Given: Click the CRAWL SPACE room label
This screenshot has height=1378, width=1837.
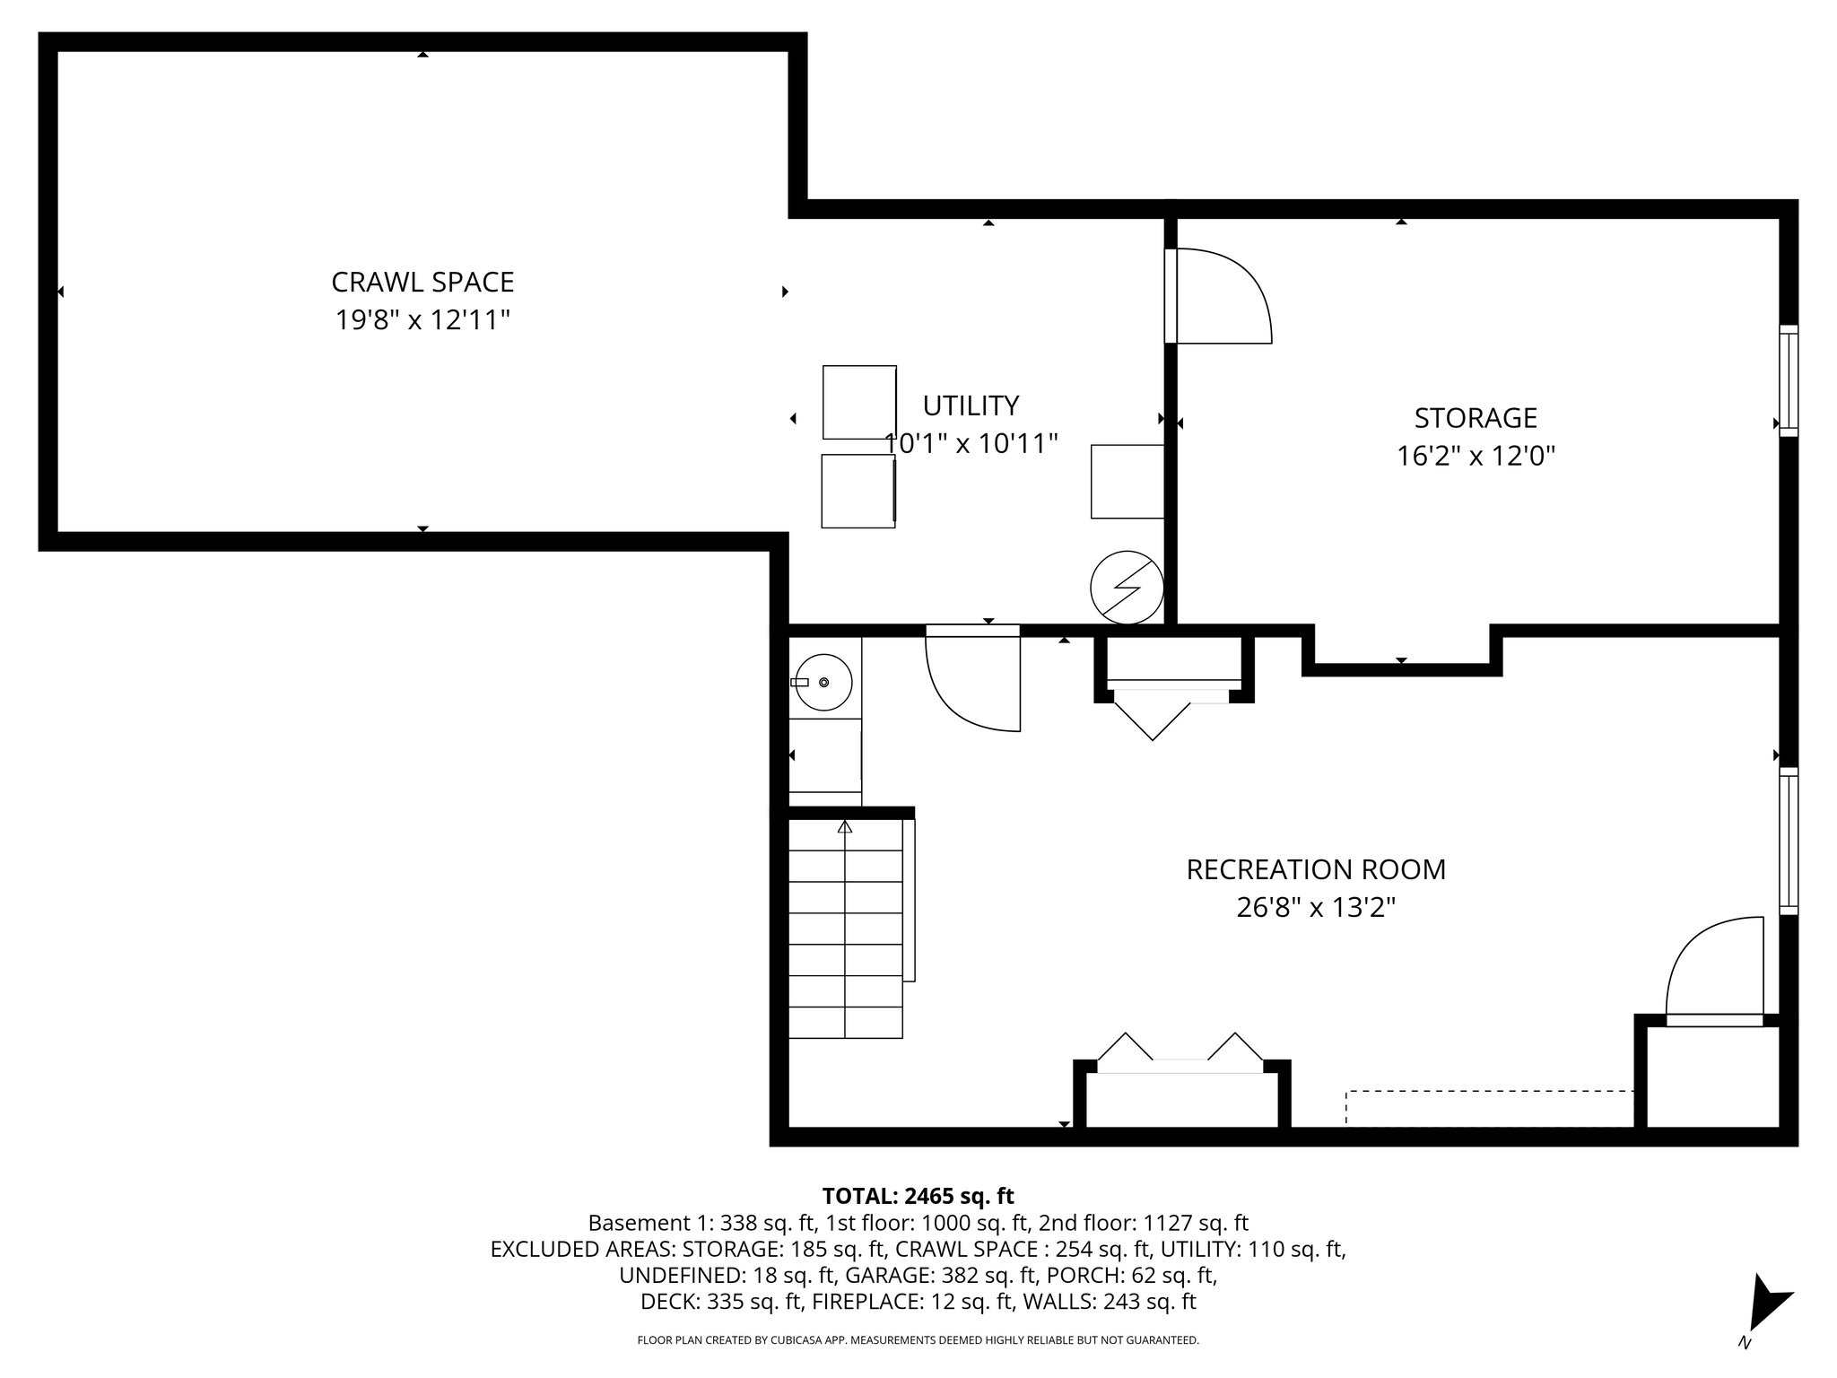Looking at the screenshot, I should pos(422,282).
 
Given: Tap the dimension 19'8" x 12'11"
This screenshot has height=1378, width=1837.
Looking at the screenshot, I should pos(422,319).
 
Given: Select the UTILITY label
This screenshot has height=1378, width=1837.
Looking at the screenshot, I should pos(971,406).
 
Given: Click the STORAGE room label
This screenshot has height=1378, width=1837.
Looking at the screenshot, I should pos(1476,418).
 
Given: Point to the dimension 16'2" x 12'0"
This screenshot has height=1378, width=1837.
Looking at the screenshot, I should pos(1476,457).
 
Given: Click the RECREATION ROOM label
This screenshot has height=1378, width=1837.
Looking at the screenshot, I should pos(1316,869).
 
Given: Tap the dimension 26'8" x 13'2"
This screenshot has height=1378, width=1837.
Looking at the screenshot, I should pos(1316,908).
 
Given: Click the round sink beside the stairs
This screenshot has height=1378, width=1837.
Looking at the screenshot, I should pos(824,683).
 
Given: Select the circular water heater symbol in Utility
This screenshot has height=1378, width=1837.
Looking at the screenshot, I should pos(1127,588).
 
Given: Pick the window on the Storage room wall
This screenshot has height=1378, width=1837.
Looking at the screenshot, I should pos(1789,381).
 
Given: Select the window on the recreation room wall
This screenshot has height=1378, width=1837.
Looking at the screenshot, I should pos(1789,841).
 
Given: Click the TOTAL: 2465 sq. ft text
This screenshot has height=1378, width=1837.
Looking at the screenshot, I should pos(918,1196).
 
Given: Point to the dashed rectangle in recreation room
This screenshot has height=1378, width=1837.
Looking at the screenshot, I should pos(1489,1107).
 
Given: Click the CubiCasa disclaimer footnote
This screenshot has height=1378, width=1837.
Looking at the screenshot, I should pos(918,1340).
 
